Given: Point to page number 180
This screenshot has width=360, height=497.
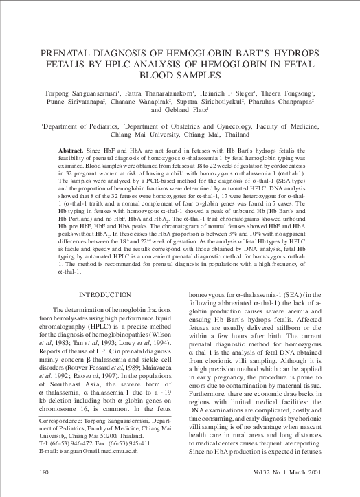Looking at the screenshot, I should point(26,473).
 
